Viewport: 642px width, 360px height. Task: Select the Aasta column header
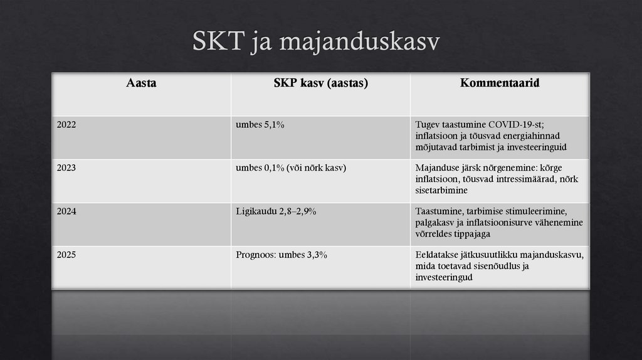coord(141,83)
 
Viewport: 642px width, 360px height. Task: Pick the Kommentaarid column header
coord(500,83)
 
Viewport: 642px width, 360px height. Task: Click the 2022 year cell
coord(66,125)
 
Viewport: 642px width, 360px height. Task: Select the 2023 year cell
coord(66,168)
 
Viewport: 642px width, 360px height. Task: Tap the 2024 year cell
coord(66,211)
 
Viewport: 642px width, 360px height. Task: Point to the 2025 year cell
coord(66,255)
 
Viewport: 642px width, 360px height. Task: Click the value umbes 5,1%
coord(260,125)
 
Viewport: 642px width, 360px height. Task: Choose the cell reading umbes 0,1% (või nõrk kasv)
coord(291,168)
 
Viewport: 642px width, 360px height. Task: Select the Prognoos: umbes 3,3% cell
coord(282,255)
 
